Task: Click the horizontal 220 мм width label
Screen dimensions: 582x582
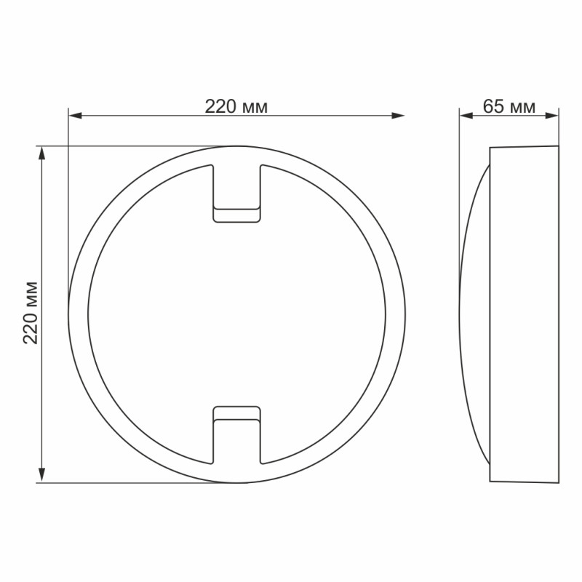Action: pos(236,107)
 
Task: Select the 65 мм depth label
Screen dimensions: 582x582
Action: pos(509,107)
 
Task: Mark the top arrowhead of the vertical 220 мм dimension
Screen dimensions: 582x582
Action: pos(42,152)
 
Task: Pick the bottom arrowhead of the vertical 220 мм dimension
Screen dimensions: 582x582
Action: pos(42,477)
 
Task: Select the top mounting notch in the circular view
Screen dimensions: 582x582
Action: pos(236,186)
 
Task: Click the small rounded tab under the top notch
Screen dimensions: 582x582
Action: pos(236,215)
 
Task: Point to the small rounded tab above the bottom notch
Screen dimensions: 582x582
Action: pos(236,413)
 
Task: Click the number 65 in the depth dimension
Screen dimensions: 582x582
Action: pos(494,107)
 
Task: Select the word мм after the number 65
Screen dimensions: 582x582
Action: pos(522,107)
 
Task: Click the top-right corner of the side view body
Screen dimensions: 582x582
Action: pos(558,145)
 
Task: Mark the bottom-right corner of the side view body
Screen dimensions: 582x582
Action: pos(558,482)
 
